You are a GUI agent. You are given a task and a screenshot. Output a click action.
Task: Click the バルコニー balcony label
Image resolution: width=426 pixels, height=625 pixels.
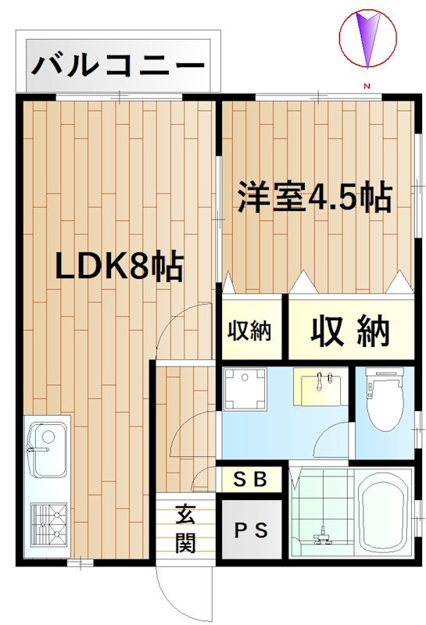tap(118, 65)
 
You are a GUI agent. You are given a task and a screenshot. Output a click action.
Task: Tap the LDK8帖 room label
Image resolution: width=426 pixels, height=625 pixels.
tap(119, 266)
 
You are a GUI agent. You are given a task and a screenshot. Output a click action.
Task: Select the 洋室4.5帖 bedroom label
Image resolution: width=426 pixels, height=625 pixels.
tap(315, 197)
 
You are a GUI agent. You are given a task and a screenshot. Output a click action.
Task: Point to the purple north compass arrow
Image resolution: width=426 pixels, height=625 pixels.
tap(367, 38)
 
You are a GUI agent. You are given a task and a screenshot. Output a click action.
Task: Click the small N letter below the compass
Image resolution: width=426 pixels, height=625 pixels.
tap(367, 86)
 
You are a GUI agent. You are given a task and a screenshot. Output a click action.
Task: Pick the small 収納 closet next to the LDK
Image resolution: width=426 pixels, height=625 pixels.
tap(249, 330)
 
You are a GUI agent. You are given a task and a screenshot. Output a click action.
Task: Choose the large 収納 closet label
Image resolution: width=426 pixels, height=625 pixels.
tap(350, 330)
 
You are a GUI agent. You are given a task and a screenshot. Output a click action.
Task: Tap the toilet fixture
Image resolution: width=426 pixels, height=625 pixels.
tap(385, 399)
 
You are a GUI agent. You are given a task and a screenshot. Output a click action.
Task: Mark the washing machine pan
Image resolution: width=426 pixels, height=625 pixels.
tap(245, 389)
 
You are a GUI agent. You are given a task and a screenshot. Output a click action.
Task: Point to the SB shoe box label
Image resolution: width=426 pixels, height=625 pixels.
tap(249, 480)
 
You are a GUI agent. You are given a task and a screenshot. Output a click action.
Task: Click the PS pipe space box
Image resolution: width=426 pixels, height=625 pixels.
tap(250, 530)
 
